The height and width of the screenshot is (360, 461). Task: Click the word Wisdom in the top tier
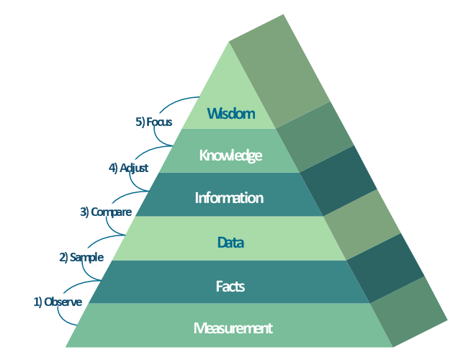point(231,114)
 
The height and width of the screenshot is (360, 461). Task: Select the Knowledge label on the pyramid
point(230,156)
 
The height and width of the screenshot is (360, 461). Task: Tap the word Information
point(229,198)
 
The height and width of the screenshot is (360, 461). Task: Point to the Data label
point(230,243)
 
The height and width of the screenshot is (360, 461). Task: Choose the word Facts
point(230,287)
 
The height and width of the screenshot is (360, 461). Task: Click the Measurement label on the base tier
point(233,328)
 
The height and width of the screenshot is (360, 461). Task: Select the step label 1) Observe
point(58,302)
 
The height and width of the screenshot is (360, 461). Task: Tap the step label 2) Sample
point(81,258)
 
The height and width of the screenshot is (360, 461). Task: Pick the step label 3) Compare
point(106,212)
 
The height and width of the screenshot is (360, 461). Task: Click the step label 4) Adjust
point(128,168)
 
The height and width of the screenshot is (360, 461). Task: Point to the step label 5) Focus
point(153,122)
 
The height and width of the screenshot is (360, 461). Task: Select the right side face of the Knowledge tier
point(315,138)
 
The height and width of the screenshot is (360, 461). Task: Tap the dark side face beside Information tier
point(339,181)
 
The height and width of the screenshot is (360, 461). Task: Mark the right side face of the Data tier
point(362,225)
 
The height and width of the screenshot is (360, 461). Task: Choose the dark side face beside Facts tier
point(385,268)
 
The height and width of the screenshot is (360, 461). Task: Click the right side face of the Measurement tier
point(408,312)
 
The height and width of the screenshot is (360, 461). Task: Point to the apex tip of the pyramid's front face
point(229,42)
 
